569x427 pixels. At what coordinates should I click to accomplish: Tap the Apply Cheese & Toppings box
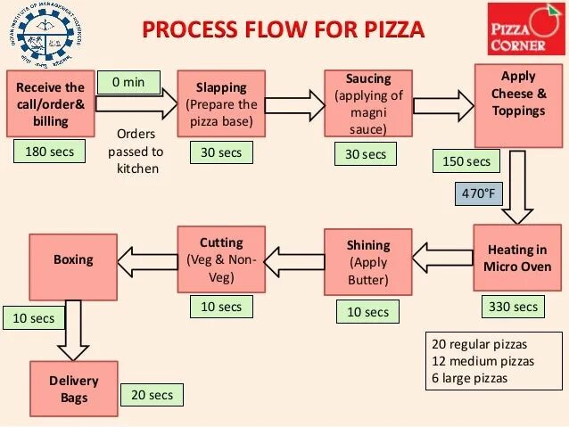point(518,105)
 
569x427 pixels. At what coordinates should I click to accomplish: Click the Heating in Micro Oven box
point(516,258)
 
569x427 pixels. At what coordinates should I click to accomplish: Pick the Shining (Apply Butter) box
point(368,261)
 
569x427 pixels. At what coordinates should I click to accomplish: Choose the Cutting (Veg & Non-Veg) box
point(221,259)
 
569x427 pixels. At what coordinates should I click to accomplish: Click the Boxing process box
point(73,260)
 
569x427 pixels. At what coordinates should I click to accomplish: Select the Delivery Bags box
point(74,389)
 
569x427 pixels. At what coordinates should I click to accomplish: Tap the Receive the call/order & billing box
point(50,104)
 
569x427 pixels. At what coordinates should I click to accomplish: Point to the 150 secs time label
point(466,161)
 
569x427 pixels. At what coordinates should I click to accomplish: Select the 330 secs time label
point(513,307)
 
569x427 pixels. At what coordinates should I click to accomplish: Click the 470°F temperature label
point(477,193)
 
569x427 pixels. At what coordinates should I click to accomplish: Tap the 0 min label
point(128,83)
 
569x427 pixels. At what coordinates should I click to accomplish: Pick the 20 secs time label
point(152,394)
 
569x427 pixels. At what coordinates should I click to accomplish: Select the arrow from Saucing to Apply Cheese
point(442,104)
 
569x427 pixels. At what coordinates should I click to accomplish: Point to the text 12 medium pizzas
point(482,361)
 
